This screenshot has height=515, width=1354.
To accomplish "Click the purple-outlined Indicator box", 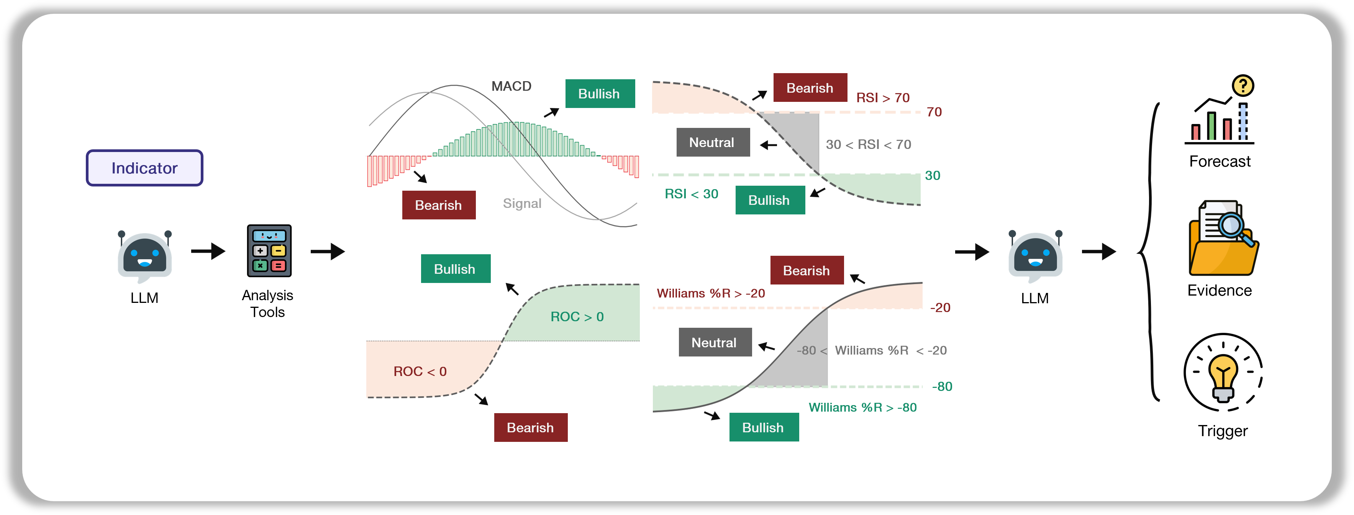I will pyautogui.click(x=144, y=168).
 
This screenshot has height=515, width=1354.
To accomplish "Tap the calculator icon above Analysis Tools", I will pyautogui.click(x=269, y=251).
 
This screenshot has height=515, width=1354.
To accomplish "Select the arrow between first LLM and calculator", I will pyautogui.click(x=208, y=251).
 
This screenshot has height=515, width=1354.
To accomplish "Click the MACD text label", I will pyautogui.click(x=511, y=86).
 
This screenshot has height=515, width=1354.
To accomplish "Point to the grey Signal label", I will pyautogui.click(x=521, y=203).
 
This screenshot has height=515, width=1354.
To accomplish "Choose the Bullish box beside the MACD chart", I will pyautogui.click(x=600, y=93).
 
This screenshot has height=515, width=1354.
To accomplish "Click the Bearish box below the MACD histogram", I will pyautogui.click(x=438, y=205).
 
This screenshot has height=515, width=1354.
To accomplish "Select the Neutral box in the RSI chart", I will pyautogui.click(x=712, y=142).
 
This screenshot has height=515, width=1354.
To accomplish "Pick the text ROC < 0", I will pyautogui.click(x=420, y=371).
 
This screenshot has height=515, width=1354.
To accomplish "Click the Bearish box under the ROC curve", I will pyautogui.click(x=530, y=427).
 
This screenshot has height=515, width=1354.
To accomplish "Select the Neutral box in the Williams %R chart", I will pyautogui.click(x=714, y=343).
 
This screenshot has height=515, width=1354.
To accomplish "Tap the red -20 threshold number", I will pyautogui.click(x=940, y=307).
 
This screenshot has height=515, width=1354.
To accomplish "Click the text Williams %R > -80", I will pyautogui.click(x=862, y=407).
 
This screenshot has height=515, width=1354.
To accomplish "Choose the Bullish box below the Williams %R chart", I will pyautogui.click(x=763, y=427).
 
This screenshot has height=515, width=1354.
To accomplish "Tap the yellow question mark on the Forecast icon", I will pyautogui.click(x=1243, y=85).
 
